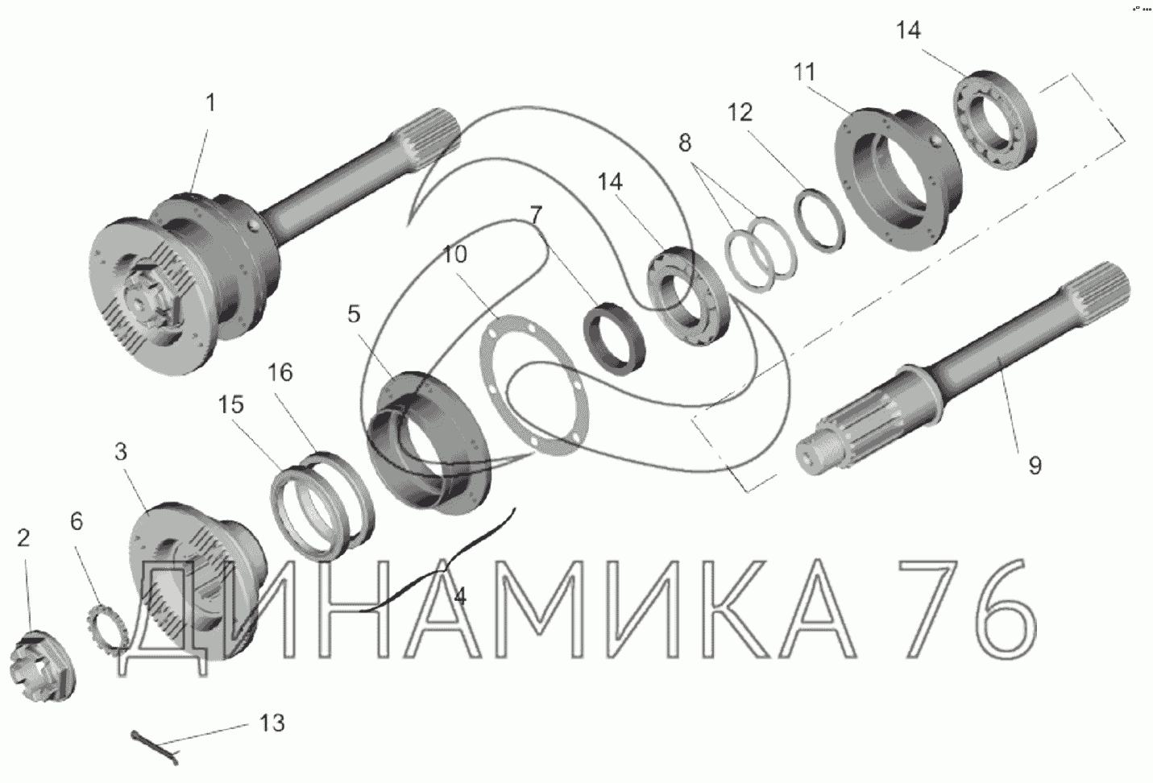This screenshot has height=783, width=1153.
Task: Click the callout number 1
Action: [210, 103]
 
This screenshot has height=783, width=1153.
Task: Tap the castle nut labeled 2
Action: [43, 667]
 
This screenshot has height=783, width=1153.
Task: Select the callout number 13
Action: [272, 723]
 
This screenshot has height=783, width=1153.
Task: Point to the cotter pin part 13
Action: [155, 748]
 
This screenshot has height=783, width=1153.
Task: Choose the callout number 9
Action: [1035, 465]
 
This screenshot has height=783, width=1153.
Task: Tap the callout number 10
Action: [454, 254]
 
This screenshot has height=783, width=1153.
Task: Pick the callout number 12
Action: [740, 112]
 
